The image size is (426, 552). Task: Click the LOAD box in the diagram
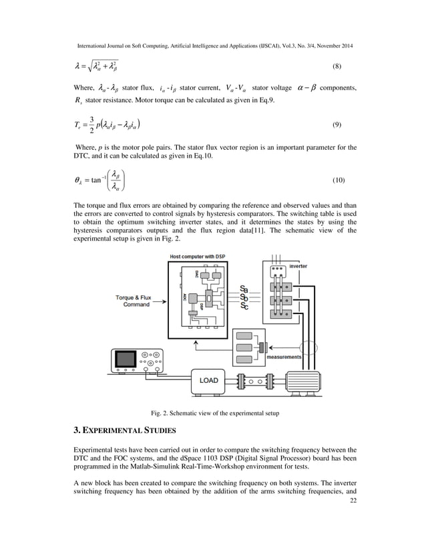pos(208,381)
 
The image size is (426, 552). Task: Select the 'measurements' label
pos(284,358)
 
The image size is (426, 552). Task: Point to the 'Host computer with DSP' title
pos(199,257)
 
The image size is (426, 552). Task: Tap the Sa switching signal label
pos(244,289)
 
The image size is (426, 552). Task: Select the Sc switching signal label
pos(244,307)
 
